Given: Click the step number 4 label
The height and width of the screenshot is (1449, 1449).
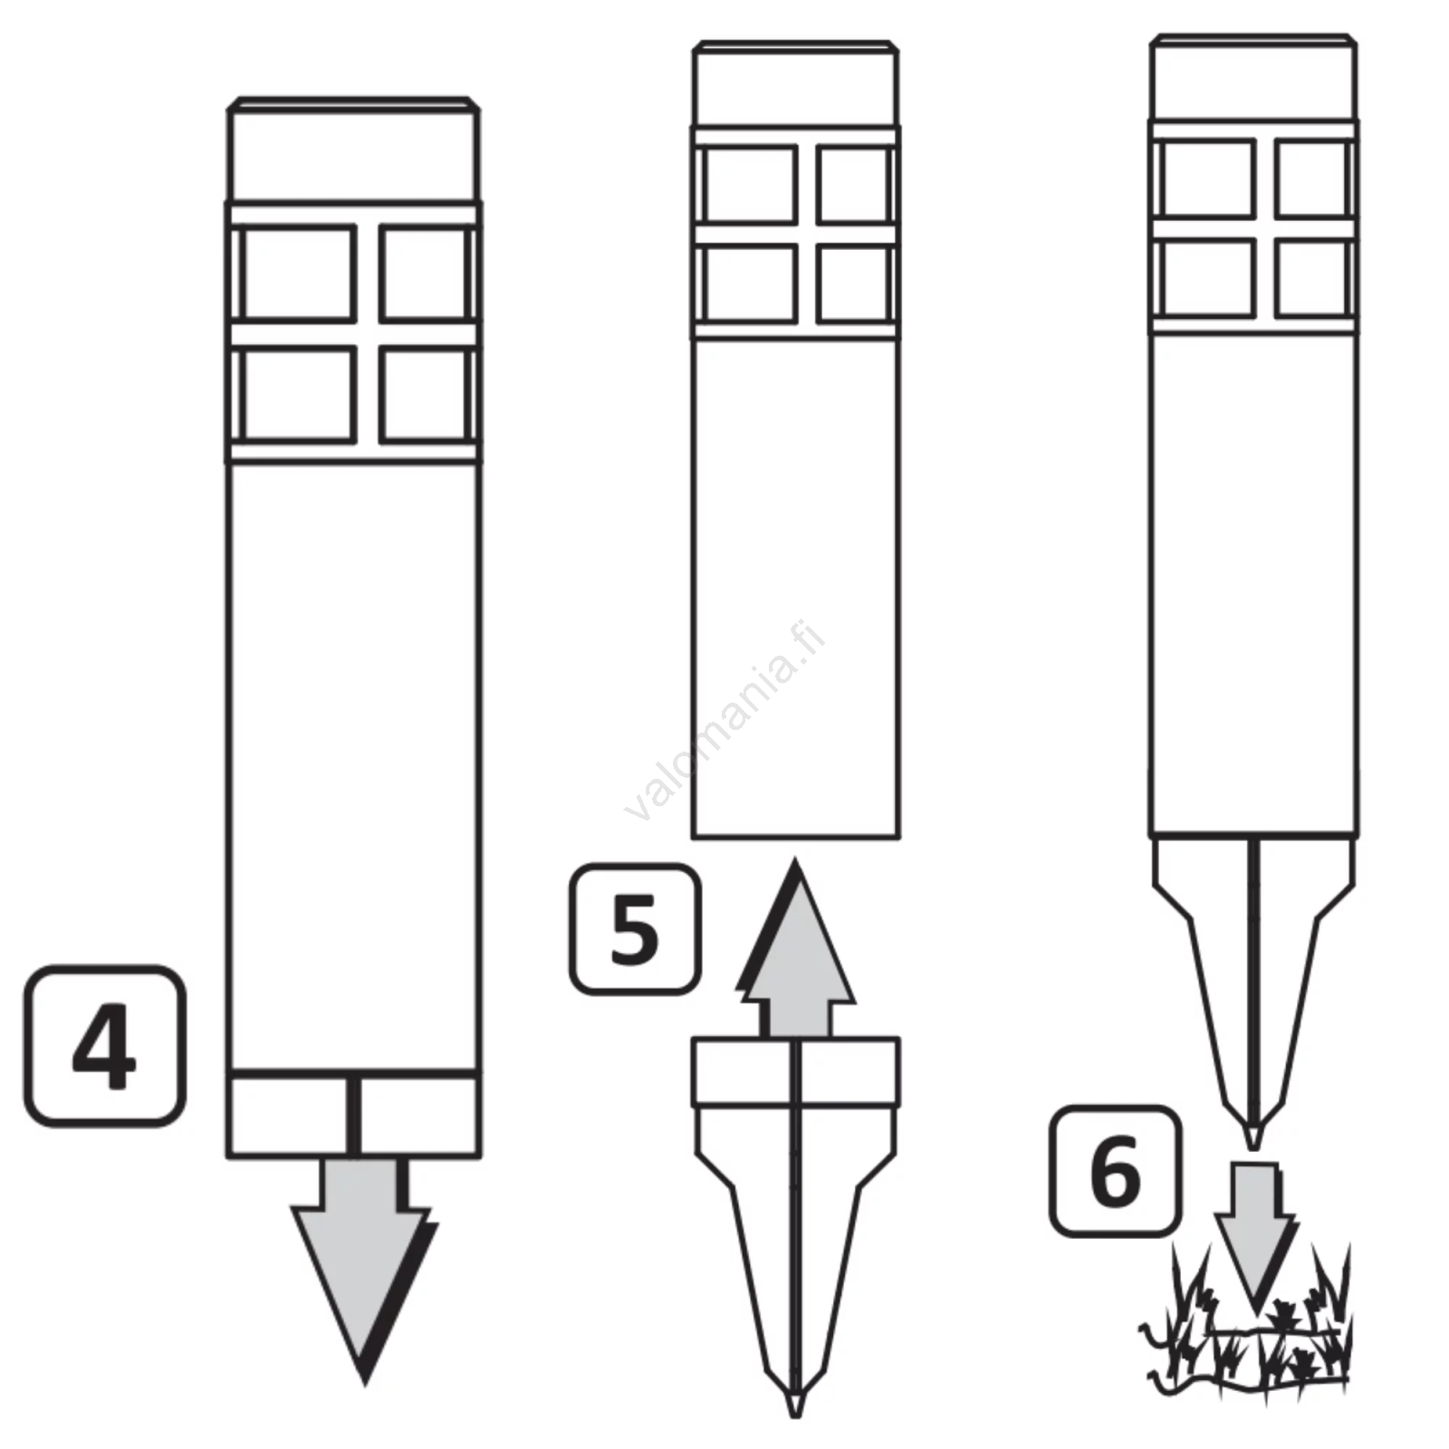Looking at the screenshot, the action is click(105, 1046).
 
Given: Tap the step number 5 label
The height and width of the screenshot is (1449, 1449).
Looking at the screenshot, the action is click(634, 929).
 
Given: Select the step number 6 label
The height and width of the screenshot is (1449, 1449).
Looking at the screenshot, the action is click(1116, 1171).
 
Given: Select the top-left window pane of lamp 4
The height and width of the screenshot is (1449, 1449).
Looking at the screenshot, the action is click(298, 273).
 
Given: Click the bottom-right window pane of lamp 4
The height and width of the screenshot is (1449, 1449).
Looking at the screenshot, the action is click(425, 394).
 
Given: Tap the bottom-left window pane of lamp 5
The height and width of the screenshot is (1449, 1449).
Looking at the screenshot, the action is click(751, 284).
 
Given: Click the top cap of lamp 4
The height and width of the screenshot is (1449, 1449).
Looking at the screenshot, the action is click(353, 149).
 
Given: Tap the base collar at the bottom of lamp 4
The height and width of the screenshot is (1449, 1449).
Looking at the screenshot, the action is click(353, 1114).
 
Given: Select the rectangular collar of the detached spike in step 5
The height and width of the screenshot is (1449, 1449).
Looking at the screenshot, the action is click(796, 1072).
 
